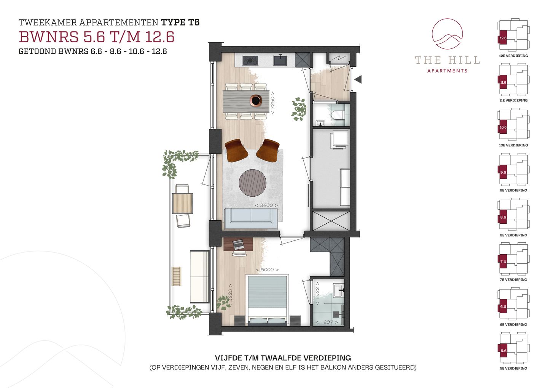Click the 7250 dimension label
(272, 103)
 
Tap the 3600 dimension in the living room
(266, 205)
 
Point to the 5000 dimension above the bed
(267, 270)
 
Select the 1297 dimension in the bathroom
(327, 322)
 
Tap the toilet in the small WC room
(338, 115)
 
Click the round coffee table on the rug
(252, 183)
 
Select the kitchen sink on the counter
(280, 60)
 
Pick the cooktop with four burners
(250, 61)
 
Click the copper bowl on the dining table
(256, 100)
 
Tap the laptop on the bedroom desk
(237, 244)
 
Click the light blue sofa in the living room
(251, 218)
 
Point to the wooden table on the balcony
(182, 203)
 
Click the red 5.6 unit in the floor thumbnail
(503, 351)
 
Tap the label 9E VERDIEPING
(513, 190)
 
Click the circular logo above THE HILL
(447, 34)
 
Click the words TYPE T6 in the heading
(180, 22)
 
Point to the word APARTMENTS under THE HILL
(447, 71)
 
